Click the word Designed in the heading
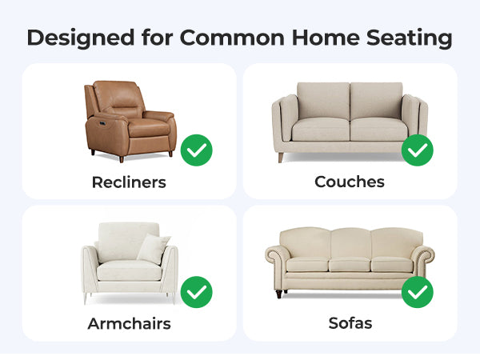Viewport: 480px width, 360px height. (x=81, y=38)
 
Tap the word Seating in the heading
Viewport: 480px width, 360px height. (x=409, y=38)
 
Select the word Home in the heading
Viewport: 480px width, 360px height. (x=326, y=38)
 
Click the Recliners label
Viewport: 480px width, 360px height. (x=129, y=182)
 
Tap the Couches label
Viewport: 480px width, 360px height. (x=350, y=182)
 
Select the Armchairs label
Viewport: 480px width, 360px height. (x=129, y=323)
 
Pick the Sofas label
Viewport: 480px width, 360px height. (x=350, y=323)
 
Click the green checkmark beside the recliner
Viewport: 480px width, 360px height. (x=196, y=150)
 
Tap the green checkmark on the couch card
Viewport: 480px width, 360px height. (x=418, y=150)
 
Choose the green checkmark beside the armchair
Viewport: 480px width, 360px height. (x=196, y=292)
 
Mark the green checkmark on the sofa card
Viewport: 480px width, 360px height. (x=418, y=292)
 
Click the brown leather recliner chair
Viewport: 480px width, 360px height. (x=130, y=121)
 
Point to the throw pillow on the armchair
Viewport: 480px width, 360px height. (x=154, y=249)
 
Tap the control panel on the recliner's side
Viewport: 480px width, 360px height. (x=102, y=123)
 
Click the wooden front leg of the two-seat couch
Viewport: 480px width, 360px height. (x=281, y=158)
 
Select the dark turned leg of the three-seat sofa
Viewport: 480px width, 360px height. (x=279, y=294)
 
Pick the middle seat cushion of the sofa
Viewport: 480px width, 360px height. (x=350, y=264)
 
